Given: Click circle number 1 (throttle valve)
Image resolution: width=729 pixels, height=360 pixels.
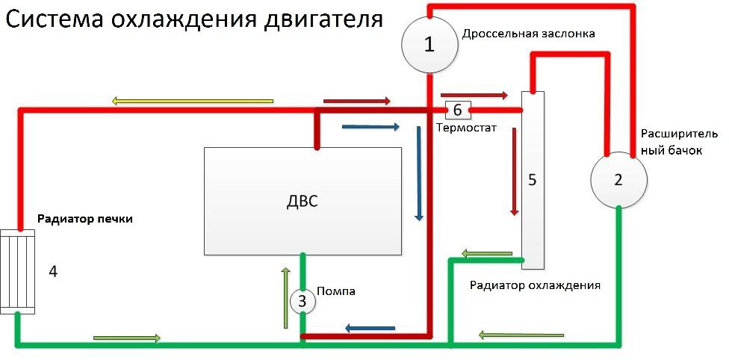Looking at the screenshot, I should pos(429,45).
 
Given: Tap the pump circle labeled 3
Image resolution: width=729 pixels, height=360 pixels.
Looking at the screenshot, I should pos(303,301).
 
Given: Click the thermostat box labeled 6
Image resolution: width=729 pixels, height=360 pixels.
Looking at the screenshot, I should pos(456,111).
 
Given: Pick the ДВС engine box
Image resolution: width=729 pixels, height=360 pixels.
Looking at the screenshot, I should pos(303,201).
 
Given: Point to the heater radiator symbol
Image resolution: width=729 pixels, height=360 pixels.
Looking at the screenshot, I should pos(17,270).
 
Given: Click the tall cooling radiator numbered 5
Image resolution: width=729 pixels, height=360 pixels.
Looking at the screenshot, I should pos(533,180).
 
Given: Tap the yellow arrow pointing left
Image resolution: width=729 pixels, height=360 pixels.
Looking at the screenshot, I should pos(193,101).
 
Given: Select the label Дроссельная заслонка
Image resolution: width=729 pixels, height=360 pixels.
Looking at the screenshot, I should pos(528,34).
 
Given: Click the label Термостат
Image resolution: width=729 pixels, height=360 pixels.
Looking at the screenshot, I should pos(466,128).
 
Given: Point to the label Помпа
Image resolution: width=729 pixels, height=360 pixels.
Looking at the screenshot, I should pos(336,291).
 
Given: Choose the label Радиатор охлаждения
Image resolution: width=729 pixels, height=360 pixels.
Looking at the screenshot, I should pos(535,285).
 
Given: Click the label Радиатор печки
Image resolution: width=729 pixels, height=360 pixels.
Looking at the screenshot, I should pos(85,219).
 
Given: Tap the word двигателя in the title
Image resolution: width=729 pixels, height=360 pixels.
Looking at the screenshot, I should pos(324,20).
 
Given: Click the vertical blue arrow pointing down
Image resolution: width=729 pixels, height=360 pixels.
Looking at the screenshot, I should pos(419,173).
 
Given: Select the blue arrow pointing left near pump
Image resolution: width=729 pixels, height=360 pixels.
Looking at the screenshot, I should pos(369,328).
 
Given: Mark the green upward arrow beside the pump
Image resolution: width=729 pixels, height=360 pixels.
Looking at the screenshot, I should pos(285,297).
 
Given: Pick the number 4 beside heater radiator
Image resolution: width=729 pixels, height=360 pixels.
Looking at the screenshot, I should pos(52,270).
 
